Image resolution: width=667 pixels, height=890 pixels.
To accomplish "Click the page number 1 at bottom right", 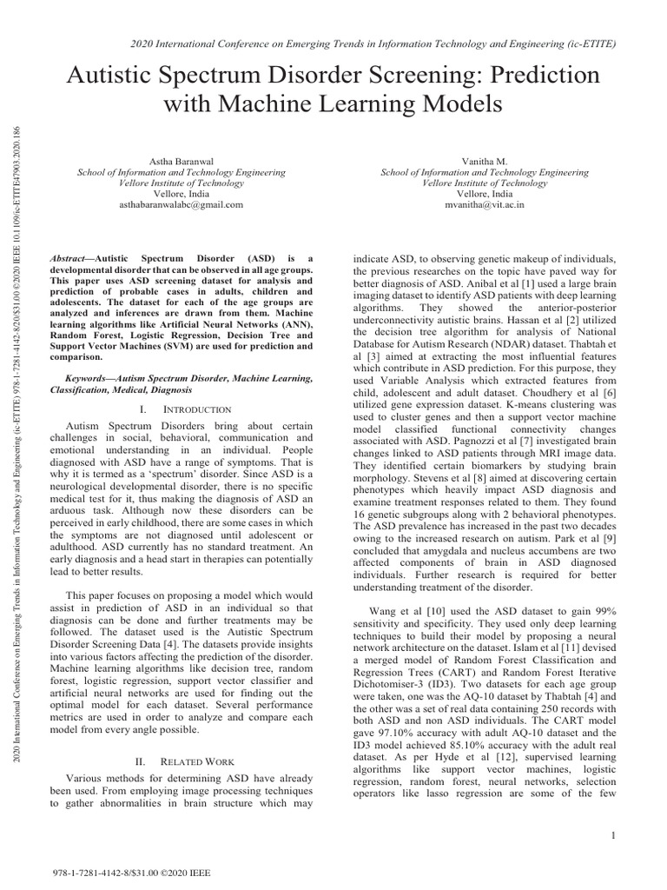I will coord(612,836).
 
